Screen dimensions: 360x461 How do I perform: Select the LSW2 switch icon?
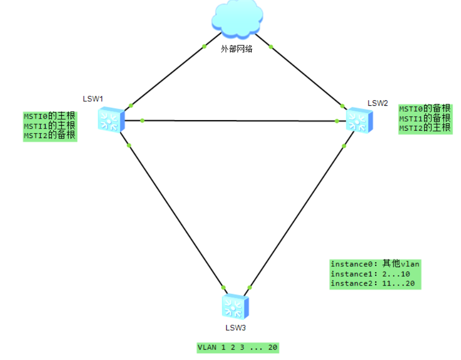(x=359, y=120)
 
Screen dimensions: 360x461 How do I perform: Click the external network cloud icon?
(x=237, y=20)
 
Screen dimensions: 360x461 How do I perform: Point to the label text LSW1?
(x=93, y=98)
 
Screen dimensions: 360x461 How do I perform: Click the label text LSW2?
(x=378, y=103)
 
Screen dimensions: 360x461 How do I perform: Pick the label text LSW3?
(x=236, y=327)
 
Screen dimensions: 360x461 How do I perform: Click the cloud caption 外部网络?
(x=237, y=49)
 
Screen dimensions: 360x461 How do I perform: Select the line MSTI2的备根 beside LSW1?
(x=50, y=135)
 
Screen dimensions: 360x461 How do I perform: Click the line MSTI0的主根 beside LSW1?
(x=50, y=116)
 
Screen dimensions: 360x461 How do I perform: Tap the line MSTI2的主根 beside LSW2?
(x=425, y=128)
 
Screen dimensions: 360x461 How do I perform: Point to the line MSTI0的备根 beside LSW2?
(x=425, y=109)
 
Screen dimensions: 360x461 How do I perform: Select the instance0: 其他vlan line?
(x=375, y=264)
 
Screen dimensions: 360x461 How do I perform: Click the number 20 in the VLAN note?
(x=272, y=347)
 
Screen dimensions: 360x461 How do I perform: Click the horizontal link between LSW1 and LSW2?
(x=238, y=121)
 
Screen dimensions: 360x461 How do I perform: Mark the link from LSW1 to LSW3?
(x=174, y=214)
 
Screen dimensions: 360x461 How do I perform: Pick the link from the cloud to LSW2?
(x=305, y=74)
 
